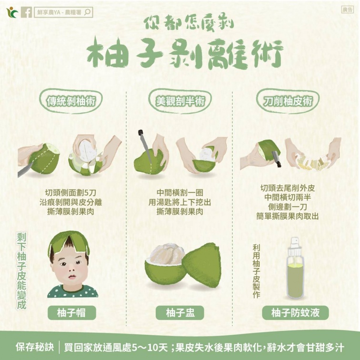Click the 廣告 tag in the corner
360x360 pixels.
[x=348, y=10]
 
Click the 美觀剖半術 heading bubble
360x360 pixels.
[x=180, y=101]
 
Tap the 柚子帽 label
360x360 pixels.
[x=72, y=312]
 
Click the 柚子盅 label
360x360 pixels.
[x=180, y=312]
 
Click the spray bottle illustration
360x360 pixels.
[x=294, y=269]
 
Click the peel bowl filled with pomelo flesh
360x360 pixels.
[x=164, y=267]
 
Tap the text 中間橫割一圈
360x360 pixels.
[x=180, y=193]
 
